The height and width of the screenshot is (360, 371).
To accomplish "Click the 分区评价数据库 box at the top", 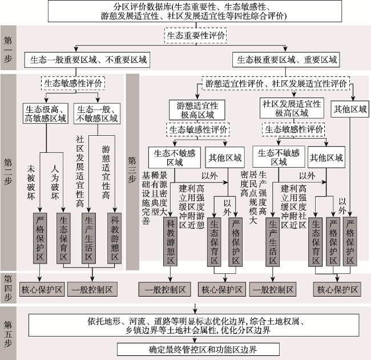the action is point(195,11).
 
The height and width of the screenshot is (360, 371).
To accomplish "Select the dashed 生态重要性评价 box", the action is point(195,35).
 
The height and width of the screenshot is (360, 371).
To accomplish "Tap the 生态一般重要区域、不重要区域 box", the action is point(87,60).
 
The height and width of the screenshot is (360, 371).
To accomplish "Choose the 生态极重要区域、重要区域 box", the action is point(286,59).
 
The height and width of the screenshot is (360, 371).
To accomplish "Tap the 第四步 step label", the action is point(8,288).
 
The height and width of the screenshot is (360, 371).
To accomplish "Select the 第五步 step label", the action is point(8,333).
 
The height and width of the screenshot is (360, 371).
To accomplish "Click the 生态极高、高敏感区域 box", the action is point(46,114).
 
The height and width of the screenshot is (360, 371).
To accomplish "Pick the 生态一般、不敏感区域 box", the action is point(97,114).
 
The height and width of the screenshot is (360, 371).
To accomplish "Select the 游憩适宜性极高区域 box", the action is point(197,110).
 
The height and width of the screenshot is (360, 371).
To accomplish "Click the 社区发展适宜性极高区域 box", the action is point(292,108).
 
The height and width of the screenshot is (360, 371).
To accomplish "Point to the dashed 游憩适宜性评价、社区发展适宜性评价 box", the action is point(276,83).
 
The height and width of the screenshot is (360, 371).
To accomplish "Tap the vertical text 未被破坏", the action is point(31,183).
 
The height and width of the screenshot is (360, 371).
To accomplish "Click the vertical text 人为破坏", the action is point(55,183).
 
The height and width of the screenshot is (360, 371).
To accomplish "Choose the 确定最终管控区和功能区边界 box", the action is point(198,349).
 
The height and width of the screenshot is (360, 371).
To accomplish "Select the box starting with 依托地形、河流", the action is point(194,325).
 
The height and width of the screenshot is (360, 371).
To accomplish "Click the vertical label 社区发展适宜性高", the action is point(80,171).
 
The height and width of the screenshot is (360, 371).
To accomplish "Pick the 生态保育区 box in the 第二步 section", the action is point(63,238).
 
